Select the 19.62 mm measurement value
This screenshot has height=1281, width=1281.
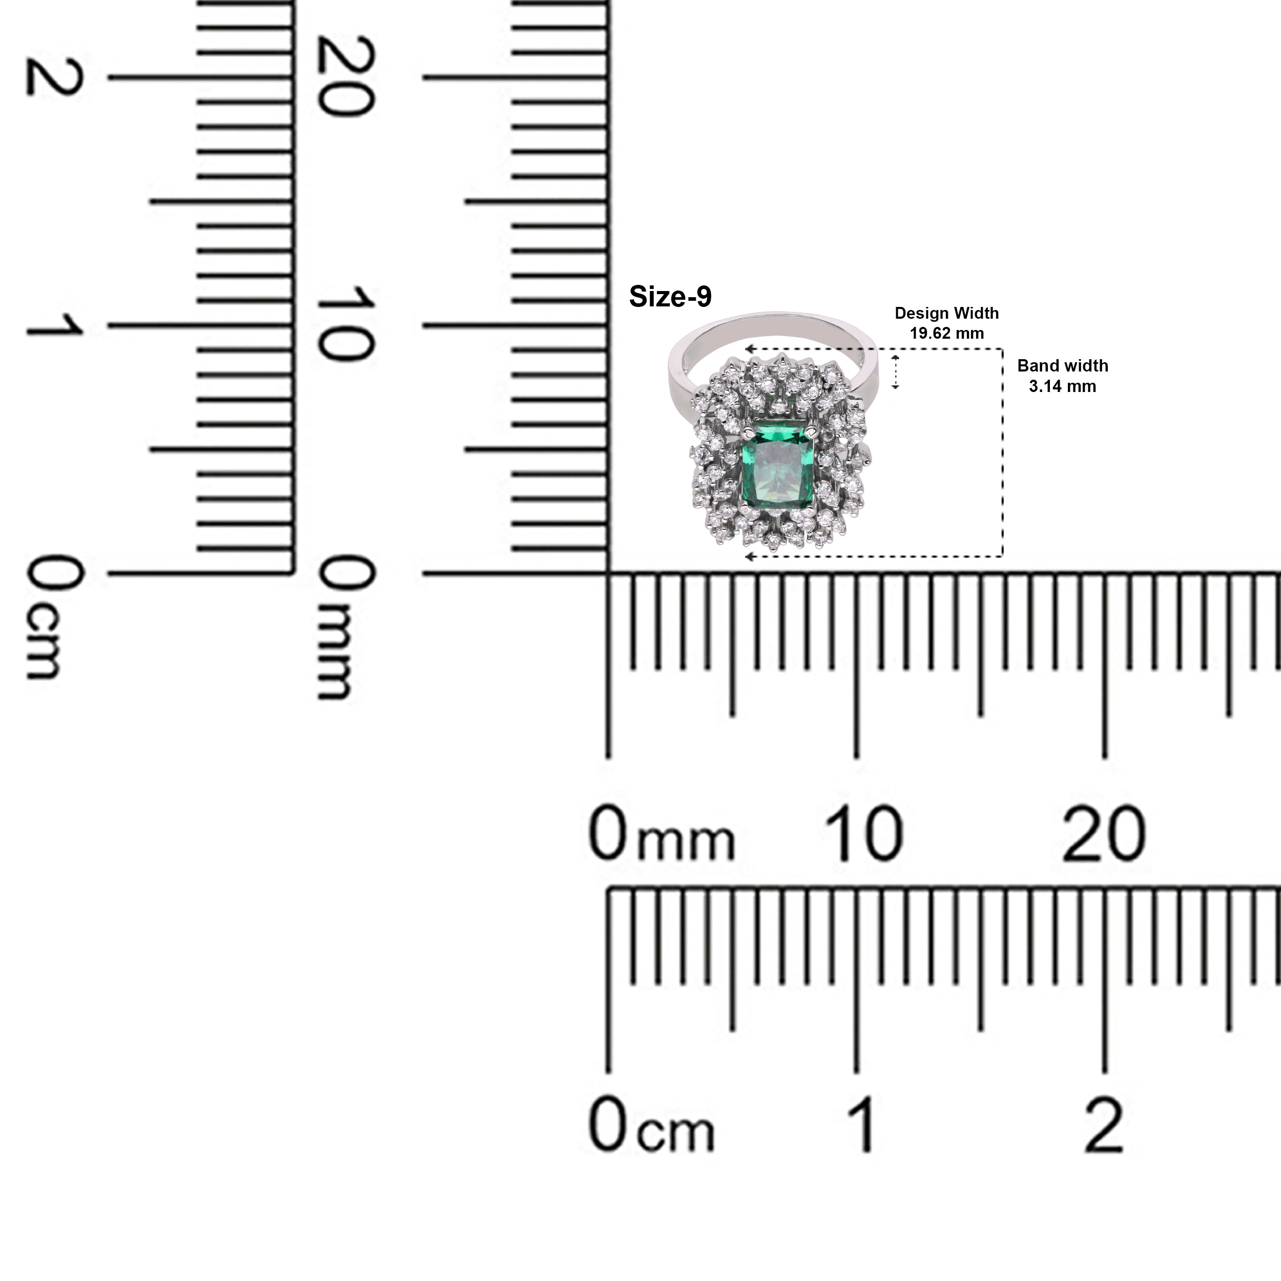946,333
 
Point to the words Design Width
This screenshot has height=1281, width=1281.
946,313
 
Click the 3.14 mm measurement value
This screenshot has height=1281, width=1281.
1062,386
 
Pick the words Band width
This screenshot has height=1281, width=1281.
1062,365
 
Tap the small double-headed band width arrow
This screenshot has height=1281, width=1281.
895,371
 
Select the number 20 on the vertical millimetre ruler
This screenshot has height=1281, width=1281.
347,76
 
